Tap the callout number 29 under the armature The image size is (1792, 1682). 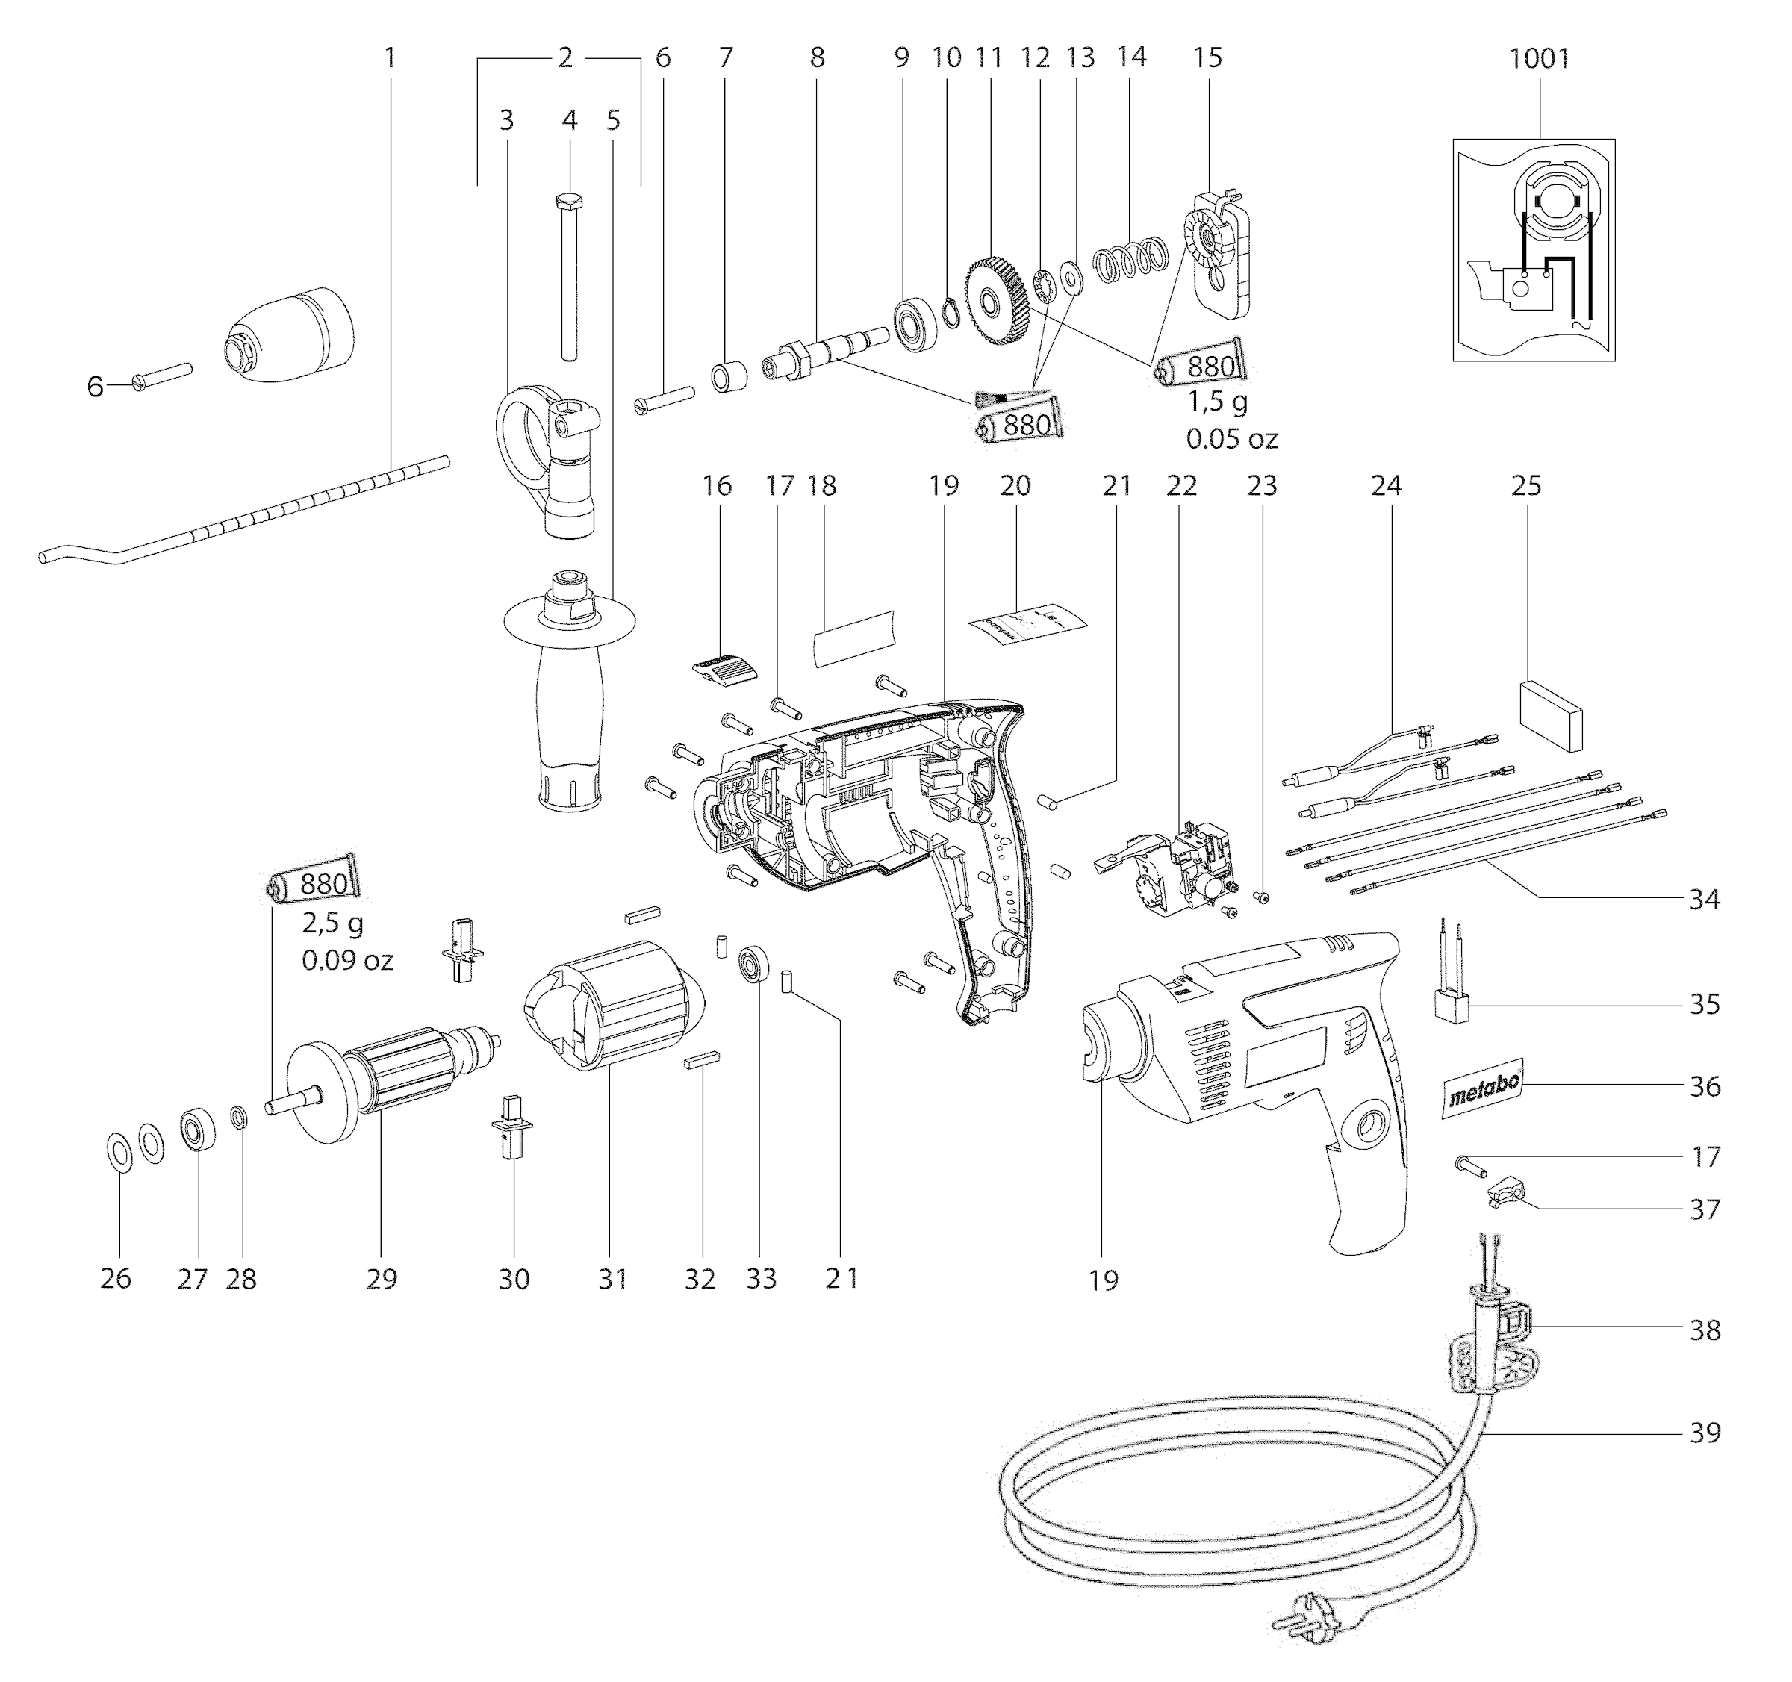pyautogui.click(x=382, y=1278)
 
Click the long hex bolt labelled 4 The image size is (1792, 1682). pyautogui.click(x=569, y=275)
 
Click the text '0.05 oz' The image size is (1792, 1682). pyautogui.click(x=1231, y=439)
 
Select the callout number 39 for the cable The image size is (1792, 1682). pyautogui.click(x=1705, y=1433)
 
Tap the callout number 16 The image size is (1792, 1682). pyautogui.click(x=717, y=486)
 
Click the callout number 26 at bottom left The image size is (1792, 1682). pyautogui.click(x=116, y=1278)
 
